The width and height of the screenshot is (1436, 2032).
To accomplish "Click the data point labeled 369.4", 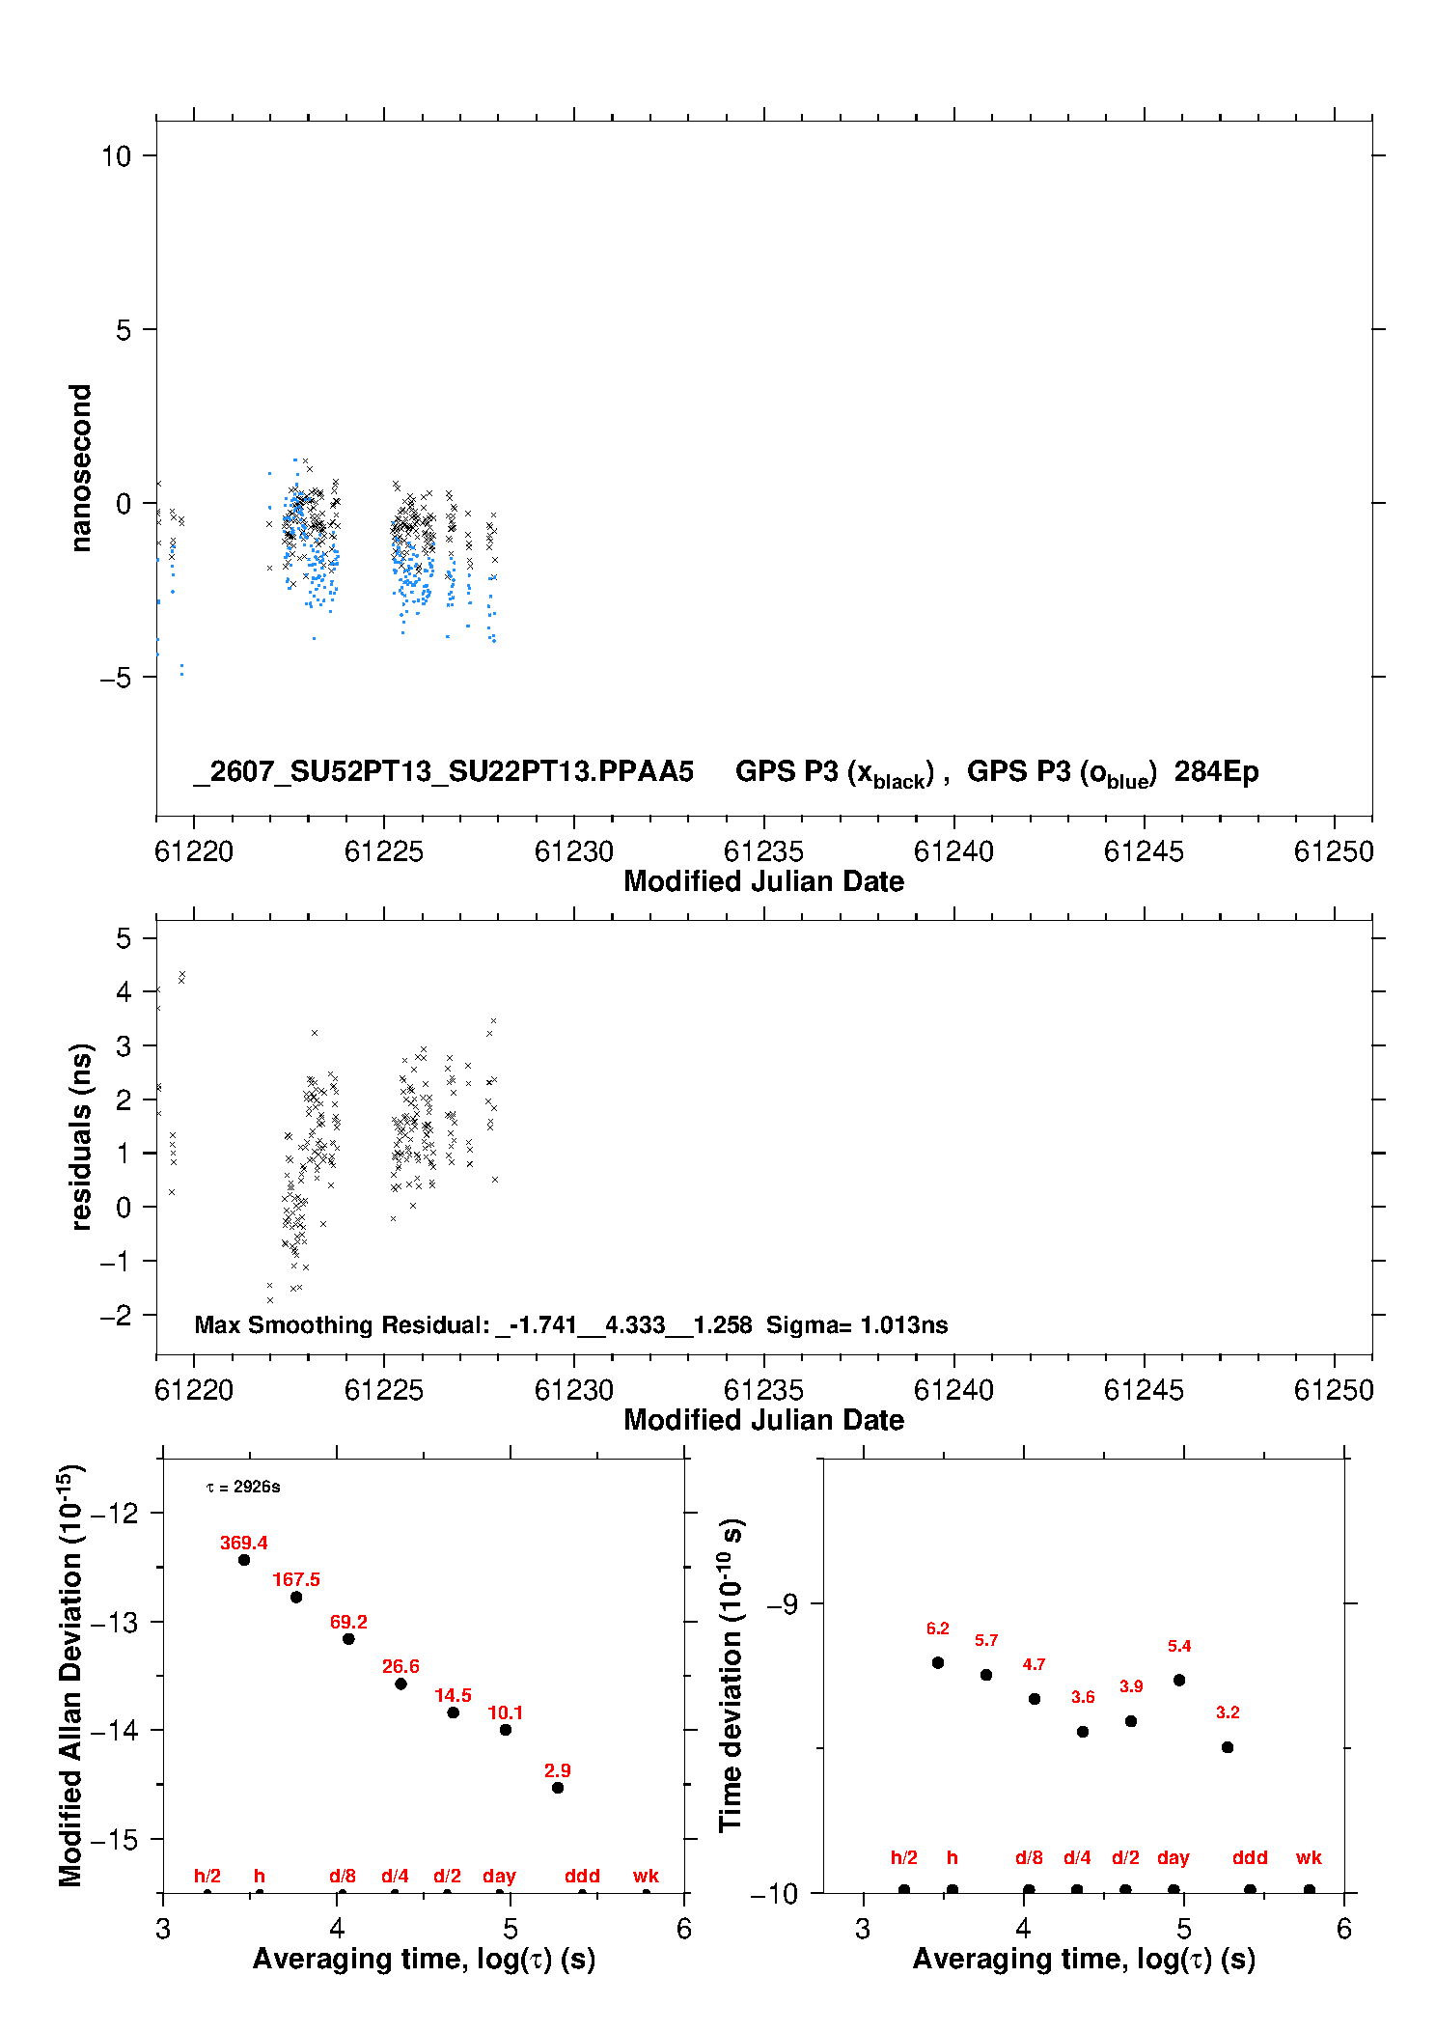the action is pyautogui.click(x=244, y=1560).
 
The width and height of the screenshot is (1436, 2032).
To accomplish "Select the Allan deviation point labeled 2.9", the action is pyautogui.click(x=558, y=1788).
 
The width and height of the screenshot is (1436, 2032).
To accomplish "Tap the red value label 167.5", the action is pyautogui.click(x=296, y=1579).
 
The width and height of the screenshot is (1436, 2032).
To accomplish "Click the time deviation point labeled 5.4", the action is pyautogui.click(x=1179, y=1680).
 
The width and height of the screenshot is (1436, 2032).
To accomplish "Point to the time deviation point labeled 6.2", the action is pyautogui.click(x=938, y=1662).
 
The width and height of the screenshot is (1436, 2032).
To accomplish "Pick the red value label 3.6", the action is pyautogui.click(x=1083, y=1697).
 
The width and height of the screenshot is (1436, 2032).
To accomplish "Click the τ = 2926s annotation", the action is pyautogui.click(x=243, y=1487).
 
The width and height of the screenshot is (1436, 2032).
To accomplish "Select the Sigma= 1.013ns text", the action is pyautogui.click(x=857, y=1324).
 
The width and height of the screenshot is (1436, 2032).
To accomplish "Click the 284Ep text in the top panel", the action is pyautogui.click(x=1216, y=771).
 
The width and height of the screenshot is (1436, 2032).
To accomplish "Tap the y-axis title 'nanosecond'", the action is pyautogui.click(x=80, y=468).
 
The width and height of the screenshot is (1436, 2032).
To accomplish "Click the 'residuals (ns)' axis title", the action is pyautogui.click(x=80, y=1136).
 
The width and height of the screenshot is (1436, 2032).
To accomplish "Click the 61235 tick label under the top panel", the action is pyautogui.click(x=763, y=851).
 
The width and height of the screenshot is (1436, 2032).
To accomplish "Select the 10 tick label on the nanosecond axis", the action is pyautogui.click(x=116, y=155).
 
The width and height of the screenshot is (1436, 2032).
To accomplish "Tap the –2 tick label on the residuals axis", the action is pyautogui.click(x=116, y=1315).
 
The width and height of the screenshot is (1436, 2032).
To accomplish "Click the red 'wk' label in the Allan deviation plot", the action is pyautogui.click(x=646, y=1876).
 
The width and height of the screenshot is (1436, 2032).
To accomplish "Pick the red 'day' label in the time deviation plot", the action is pyautogui.click(x=1174, y=1857).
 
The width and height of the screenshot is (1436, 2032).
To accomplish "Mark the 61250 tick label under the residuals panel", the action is pyautogui.click(x=1334, y=1390).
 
